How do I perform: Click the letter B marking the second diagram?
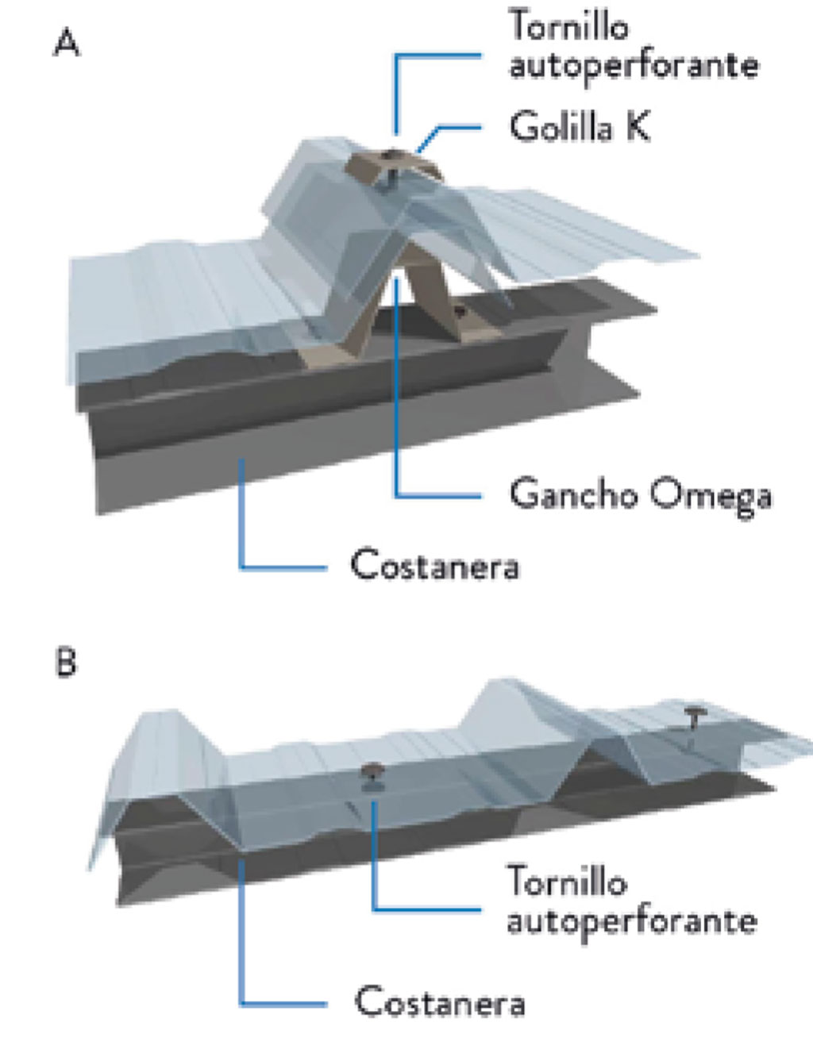[x=67, y=661]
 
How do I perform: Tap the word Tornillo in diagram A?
[x=568, y=25]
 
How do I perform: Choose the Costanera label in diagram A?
[x=434, y=566]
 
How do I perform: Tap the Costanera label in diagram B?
[x=439, y=1001]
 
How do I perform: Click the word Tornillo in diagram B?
[x=567, y=882]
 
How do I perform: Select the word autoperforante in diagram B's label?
[x=631, y=921]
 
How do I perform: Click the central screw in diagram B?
[x=371, y=774]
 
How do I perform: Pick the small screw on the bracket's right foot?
[x=460, y=313]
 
